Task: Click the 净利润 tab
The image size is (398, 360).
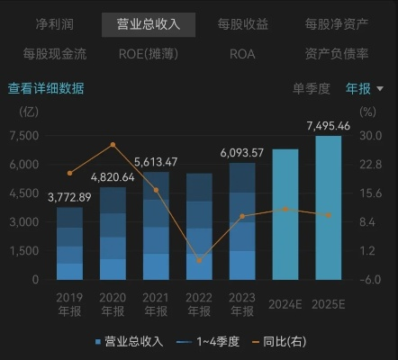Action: [55, 23]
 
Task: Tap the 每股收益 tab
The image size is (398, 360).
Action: [243, 23]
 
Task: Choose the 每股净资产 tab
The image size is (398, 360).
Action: [337, 23]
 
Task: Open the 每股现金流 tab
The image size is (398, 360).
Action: [55, 54]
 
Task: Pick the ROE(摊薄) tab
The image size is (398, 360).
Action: [149, 54]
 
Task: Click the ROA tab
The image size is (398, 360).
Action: [242, 54]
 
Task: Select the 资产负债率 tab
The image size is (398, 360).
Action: [337, 54]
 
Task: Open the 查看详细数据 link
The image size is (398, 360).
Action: [46, 88]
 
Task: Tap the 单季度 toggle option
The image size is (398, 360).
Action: [312, 88]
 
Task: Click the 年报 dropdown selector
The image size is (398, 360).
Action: [365, 88]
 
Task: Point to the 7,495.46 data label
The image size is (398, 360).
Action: [329, 124]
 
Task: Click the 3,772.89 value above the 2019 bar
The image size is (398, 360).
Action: [69, 196]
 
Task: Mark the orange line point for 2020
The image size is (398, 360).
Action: [113, 144]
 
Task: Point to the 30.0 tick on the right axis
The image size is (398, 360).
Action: [371, 135]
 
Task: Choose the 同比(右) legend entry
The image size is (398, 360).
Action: [283, 341]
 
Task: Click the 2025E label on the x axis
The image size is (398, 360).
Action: [329, 304]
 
